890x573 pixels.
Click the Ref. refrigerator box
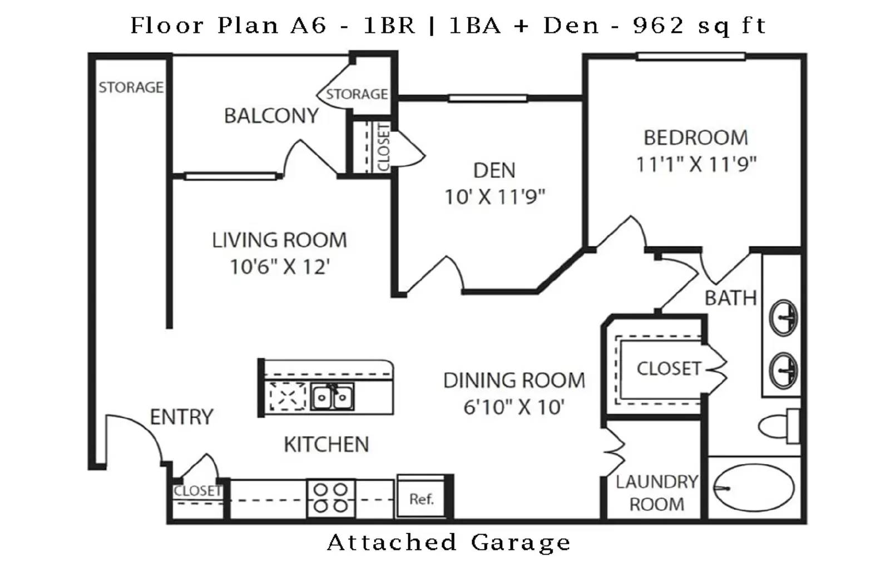tap(421, 498)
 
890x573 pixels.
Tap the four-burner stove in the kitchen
tap(330, 498)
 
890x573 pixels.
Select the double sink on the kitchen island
tap(332, 397)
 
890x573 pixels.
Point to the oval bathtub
tap(754, 488)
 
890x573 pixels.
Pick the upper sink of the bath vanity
tap(783, 318)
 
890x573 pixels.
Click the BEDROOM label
tap(695, 137)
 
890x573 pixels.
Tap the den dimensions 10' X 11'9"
tap(494, 196)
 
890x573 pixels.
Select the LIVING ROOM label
tap(279, 240)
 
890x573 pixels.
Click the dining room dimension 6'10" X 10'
tap(513, 407)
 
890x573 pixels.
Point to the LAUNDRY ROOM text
tap(656, 492)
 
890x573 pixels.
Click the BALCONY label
tap(271, 116)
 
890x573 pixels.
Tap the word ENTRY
tap(181, 417)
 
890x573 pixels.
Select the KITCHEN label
tap(326, 444)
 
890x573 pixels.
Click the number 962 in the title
tap(658, 25)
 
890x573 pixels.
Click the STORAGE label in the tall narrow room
tap(131, 87)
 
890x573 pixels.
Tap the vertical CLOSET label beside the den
tap(383, 147)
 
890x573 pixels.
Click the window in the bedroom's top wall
tap(690, 56)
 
